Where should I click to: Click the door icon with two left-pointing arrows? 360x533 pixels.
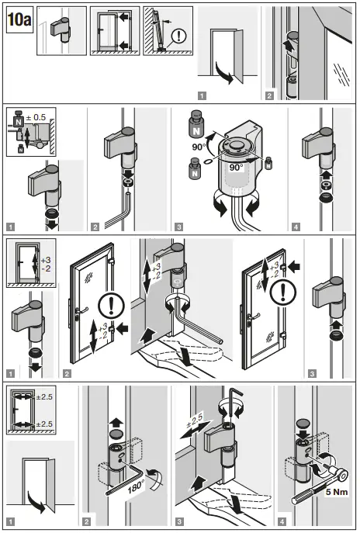[x=114, y=31]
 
